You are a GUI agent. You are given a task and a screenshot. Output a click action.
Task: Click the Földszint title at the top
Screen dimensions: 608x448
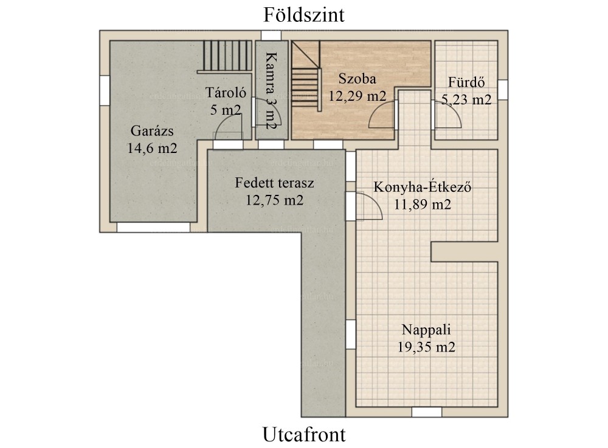[304, 15]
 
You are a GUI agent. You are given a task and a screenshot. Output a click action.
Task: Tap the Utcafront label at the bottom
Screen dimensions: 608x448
[304, 434]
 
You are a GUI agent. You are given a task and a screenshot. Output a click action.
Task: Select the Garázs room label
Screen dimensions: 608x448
[152, 131]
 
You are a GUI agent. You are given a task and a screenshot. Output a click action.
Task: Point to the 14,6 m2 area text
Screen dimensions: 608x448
[152, 148]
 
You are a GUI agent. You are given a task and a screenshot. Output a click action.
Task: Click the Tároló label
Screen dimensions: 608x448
[226, 92]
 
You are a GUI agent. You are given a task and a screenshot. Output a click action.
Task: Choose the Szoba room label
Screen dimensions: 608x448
[357, 78]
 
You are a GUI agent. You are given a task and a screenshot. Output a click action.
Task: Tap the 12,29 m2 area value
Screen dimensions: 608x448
[357, 96]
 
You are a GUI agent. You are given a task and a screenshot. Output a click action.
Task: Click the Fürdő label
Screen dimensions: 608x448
[466, 82]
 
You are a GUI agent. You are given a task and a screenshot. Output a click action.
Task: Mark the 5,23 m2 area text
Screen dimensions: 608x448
[466, 100]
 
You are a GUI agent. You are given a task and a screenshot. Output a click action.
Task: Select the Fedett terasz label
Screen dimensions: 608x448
[274, 183]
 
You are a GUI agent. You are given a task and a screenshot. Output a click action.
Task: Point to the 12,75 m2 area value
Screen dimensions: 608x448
[274, 200]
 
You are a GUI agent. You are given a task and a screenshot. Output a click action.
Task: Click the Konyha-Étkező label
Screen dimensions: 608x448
[423, 187]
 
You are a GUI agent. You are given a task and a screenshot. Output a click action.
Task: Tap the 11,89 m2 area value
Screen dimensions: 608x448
[423, 204]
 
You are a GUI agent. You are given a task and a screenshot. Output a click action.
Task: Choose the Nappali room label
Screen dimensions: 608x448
[426, 330]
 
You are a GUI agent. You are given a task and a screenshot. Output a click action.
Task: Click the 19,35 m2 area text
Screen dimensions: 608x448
[426, 347]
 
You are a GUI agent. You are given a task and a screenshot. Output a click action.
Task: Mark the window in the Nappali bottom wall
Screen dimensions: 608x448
[427, 412]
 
